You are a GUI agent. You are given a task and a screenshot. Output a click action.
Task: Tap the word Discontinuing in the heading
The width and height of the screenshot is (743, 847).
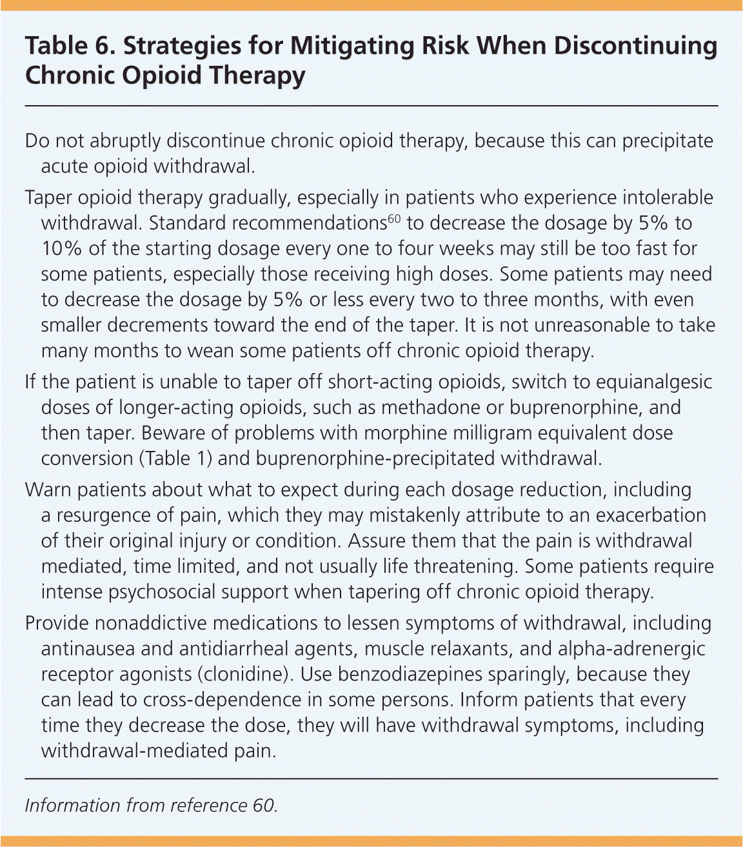635,46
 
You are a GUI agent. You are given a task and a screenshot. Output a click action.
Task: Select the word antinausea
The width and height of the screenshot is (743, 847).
94,648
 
